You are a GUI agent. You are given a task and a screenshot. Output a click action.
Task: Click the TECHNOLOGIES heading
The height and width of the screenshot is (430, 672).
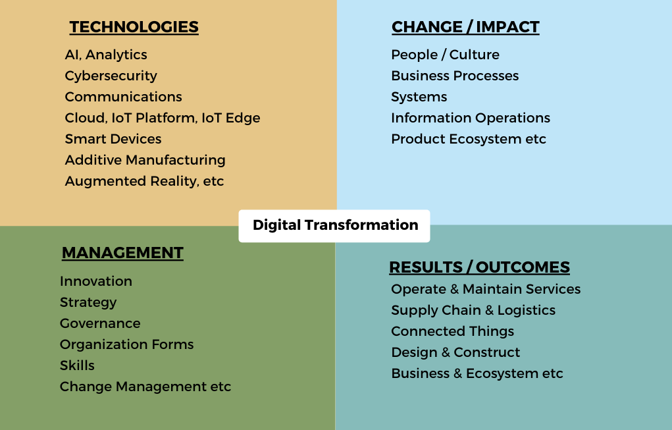click(134, 27)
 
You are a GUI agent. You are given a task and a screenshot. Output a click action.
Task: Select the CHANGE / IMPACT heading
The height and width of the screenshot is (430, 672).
click(465, 27)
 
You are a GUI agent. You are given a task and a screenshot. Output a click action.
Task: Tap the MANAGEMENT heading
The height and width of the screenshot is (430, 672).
click(122, 253)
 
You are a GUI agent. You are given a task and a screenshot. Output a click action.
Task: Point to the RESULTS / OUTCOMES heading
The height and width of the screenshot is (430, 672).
click(480, 267)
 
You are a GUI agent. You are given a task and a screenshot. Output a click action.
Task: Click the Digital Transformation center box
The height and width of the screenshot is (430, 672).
click(334, 226)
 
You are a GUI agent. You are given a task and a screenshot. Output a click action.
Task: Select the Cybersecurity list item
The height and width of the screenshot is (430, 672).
click(111, 76)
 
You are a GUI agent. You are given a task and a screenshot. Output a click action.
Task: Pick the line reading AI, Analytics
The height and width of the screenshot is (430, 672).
click(106, 55)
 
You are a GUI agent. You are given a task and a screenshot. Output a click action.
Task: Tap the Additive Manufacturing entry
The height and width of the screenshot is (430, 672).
click(145, 160)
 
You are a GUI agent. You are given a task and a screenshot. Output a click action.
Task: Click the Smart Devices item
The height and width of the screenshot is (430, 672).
click(113, 139)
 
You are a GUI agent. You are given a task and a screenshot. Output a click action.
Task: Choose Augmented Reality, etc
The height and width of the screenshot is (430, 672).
click(144, 181)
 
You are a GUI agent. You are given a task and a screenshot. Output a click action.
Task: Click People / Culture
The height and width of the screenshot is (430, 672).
click(446, 55)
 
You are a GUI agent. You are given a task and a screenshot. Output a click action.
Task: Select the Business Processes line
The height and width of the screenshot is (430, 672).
click(455, 76)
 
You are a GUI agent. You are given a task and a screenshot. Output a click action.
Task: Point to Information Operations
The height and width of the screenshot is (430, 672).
click(471, 118)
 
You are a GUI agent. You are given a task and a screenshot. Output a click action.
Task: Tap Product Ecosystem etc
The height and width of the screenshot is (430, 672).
click(469, 139)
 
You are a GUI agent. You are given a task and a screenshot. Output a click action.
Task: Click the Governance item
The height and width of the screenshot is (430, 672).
click(100, 323)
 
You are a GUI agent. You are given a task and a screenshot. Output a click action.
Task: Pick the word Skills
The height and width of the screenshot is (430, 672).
click(77, 365)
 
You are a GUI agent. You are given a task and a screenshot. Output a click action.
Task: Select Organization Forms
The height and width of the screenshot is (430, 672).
click(127, 344)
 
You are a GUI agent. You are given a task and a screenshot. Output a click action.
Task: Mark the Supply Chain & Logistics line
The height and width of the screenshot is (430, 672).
click(473, 310)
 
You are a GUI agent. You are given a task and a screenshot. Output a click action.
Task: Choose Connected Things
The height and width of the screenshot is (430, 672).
click(453, 331)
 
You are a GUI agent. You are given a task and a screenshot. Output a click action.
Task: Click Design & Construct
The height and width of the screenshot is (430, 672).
click(455, 352)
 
